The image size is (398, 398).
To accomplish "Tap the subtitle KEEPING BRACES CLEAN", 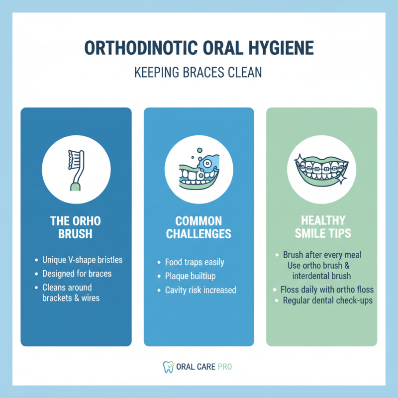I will coord(199,73).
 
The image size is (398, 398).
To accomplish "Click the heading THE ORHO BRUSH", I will coord(76,227).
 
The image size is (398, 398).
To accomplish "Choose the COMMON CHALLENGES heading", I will coord(199,227).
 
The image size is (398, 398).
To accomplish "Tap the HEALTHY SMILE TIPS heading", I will coord(321,227).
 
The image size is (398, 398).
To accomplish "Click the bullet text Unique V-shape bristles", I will coord(82,260).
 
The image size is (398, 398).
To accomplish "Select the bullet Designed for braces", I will coord(76,273).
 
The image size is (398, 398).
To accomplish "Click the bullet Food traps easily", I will coord(195,262).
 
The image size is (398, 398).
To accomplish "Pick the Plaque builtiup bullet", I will coord(191,276).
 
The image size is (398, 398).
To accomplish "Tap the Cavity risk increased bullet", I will coord(200,290).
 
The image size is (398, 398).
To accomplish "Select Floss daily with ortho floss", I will coord(327,289).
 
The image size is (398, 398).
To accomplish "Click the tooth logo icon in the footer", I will coord(168,367).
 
